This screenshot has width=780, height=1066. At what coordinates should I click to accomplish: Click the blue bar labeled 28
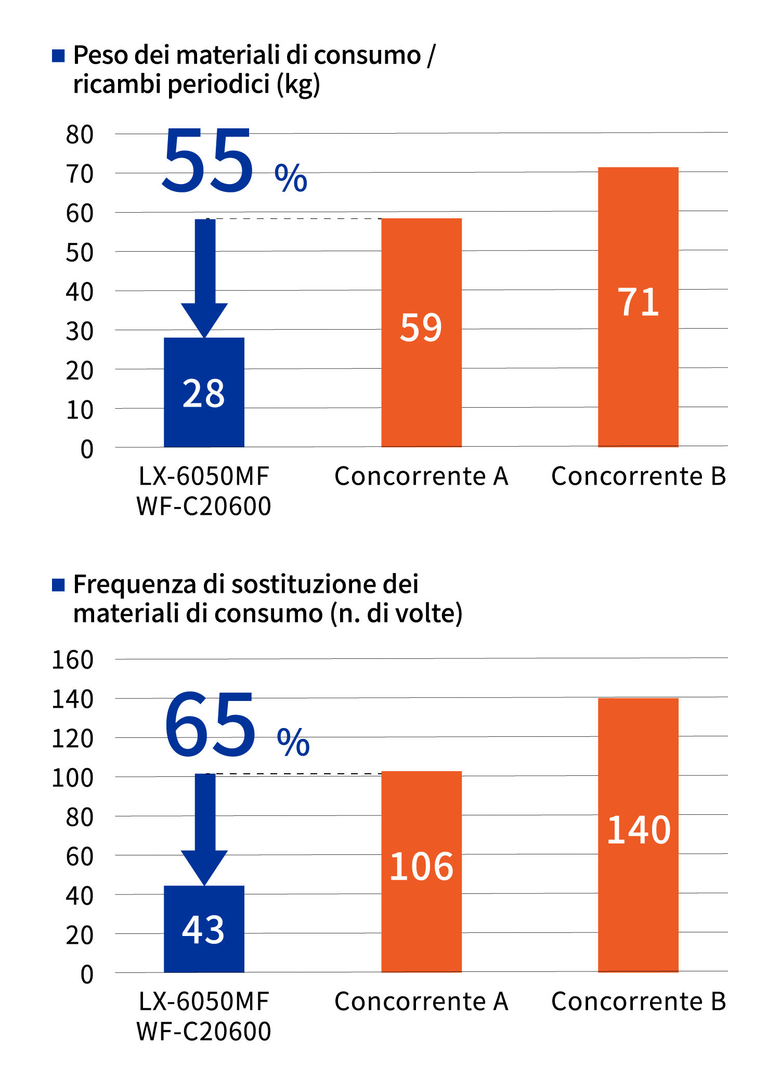click(x=204, y=392)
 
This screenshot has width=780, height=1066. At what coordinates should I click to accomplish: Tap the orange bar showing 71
click(x=638, y=306)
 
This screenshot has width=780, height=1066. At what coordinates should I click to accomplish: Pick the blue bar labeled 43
click(x=204, y=929)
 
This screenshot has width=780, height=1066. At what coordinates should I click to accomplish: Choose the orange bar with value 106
click(x=421, y=871)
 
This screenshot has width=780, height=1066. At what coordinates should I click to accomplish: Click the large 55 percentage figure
click(x=208, y=161)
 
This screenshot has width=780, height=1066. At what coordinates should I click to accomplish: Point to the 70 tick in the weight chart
click(x=80, y=174)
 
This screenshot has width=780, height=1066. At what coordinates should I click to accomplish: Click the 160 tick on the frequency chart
click(x=73, y=660)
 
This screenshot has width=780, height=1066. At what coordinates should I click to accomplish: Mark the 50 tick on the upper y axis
click(x=80, y=253)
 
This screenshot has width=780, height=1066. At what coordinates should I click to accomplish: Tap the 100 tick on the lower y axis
click(x=73, y=778)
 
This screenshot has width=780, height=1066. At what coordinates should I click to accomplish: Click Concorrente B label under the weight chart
click(x=638, y=476)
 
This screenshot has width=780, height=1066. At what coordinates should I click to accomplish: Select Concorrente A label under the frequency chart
click(x=421, y=1002)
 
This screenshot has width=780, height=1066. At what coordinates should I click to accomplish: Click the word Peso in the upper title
click(x=101, y=55)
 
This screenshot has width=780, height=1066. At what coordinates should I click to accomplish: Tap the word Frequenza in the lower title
click(x=135, y=584)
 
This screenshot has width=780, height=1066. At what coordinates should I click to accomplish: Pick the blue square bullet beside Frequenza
click(x=58, y=585)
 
